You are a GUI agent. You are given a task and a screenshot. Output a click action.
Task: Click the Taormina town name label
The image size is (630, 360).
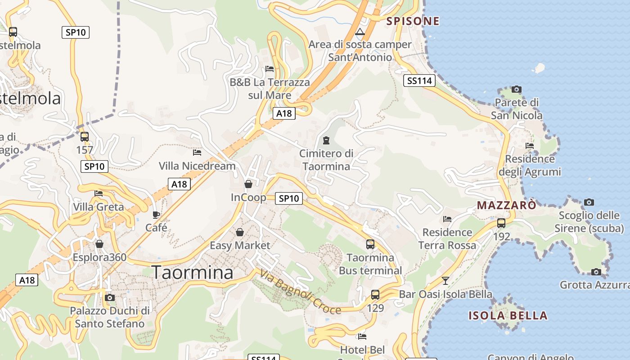point(192,273)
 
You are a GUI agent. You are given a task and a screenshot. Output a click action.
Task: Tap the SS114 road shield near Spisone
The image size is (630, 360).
point(419,81)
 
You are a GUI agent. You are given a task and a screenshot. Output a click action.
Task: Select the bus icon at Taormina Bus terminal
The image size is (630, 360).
point(370,244)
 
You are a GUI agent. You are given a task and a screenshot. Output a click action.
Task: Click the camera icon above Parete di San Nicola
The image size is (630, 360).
point(517,89)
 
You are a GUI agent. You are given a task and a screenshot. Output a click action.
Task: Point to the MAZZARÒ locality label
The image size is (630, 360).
point(506,206)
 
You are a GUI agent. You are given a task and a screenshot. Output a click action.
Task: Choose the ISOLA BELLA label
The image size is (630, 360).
point(508,315)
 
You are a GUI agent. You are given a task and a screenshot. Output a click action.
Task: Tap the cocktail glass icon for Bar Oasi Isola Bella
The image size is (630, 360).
point(445,281)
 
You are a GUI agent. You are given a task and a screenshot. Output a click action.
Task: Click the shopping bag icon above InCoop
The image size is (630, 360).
point(248,184)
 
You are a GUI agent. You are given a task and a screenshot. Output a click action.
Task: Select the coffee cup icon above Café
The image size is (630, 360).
point(156,215)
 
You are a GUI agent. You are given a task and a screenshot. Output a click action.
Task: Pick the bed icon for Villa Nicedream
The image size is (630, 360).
point(197,153)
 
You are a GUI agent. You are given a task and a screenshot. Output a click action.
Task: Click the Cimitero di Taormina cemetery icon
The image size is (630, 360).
point(326,140)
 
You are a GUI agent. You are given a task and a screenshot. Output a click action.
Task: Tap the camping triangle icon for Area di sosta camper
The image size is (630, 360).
point(360,32)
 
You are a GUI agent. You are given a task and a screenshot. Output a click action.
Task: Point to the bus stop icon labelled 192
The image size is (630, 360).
point(501,223)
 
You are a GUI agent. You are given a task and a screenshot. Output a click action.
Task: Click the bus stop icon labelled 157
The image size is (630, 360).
point(85,137)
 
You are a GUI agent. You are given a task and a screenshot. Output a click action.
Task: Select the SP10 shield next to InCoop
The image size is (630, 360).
point(289,198)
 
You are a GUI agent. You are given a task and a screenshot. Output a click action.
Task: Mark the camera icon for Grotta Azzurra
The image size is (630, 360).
point(596,272)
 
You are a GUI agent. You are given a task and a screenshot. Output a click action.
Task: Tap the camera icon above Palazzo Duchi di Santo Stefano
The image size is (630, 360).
point(109,297)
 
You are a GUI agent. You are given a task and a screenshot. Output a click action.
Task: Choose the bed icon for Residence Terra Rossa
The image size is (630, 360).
point(447,219)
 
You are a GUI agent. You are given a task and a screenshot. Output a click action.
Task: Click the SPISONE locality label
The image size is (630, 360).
point(413,21)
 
